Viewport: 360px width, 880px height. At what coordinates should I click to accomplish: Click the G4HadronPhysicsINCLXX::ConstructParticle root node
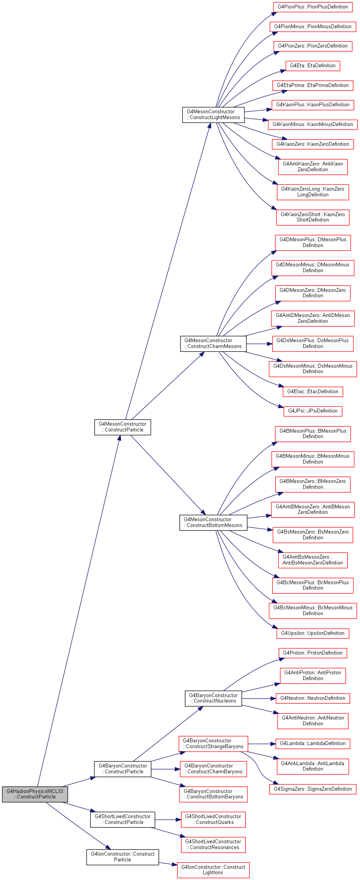click(x=35, y=794)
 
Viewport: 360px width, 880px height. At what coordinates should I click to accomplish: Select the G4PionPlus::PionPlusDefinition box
click(x=312, y=7)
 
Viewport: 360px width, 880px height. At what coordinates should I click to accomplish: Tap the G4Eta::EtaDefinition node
click(x=312, y=66)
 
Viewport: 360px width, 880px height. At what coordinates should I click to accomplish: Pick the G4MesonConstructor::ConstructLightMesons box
click(x=213, y=115)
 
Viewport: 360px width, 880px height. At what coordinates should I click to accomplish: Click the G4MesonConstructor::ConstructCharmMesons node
click(x=213, y=344)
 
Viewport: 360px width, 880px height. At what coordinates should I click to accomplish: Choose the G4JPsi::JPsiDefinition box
click(x=312, y=411)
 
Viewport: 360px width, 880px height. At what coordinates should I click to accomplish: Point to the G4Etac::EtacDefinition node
click(x=312, y=392)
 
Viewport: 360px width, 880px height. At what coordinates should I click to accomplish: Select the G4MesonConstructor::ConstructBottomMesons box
click(x=213, y=523)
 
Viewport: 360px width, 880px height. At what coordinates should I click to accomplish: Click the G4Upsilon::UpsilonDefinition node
click(x=312, y=633)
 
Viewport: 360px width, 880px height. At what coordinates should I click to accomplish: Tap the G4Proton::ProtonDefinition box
click(x=312, y=653)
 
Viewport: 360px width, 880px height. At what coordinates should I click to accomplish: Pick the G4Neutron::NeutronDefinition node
click(x=312, y=698)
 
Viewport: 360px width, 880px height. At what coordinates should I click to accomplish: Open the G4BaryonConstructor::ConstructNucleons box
click(x=213, y=698)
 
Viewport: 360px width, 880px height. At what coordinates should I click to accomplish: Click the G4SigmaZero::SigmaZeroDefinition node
click(x=312, y=789)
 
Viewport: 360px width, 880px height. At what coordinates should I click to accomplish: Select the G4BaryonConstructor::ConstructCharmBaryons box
click(x=213, y=769)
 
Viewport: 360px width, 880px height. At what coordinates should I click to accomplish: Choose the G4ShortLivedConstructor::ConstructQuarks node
click(x=213, y=820)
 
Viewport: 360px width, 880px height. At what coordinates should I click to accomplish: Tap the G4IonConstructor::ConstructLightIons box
click(x=213, y=870)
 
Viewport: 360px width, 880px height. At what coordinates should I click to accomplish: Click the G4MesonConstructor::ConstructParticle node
click(x=123, y=427)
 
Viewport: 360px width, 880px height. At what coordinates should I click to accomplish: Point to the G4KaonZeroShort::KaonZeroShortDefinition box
click(x=312, y=217)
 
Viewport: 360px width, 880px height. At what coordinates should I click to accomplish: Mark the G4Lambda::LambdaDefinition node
click(x=312, y=744)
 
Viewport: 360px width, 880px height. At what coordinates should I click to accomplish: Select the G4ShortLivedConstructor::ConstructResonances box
click(x=213, y=845)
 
